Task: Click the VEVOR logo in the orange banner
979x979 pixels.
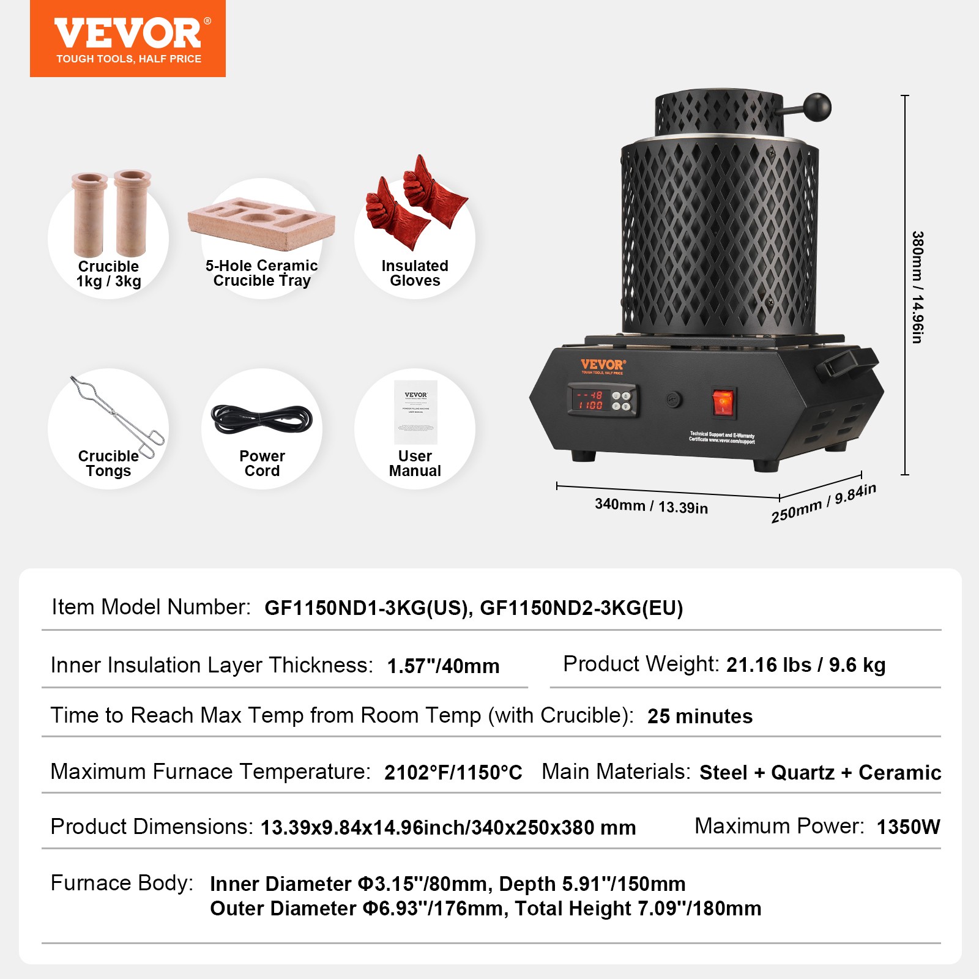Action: tap(127, 34)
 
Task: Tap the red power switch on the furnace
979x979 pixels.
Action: tap(723, 402)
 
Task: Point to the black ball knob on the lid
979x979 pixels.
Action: tap(817, 107)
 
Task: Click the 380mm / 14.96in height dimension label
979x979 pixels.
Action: tap(917, 287)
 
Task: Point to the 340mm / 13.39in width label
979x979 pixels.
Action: tap(651, 506)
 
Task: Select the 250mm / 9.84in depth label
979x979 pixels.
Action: tap(823, 503)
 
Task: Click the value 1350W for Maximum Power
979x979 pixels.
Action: tap(908, 827)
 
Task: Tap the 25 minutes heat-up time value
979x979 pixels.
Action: tap(700, 717)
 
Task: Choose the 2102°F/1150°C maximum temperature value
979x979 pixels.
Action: tap(453, 773)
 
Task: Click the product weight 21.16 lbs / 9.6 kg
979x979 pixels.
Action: tap(806, 665)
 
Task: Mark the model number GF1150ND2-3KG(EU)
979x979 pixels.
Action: tap(581, 608)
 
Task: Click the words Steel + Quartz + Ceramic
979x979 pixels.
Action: tap(820, 773)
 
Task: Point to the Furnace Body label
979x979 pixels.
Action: tap(122, 883)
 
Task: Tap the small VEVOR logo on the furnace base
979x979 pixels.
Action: tap(603, 365)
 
